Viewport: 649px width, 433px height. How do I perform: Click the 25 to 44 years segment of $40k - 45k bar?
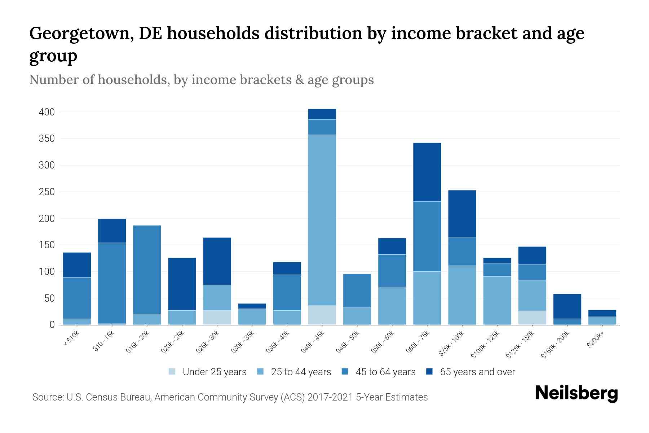322,220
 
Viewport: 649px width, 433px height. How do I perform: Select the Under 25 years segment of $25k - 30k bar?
217,318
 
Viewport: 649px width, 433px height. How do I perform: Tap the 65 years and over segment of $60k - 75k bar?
427,172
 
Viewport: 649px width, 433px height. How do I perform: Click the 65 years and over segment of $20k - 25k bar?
182,284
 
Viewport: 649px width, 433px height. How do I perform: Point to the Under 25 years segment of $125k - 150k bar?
532,318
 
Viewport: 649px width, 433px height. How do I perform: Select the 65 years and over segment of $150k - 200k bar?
567,306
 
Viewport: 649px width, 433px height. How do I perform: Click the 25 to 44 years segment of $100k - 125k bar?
497,300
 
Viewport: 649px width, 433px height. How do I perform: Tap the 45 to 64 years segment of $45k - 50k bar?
357,290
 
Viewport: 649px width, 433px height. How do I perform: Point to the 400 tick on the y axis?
47,112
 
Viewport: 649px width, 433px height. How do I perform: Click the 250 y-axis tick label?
47,192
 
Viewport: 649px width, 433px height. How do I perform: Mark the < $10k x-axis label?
71,339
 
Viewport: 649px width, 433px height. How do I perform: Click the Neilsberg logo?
576,393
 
